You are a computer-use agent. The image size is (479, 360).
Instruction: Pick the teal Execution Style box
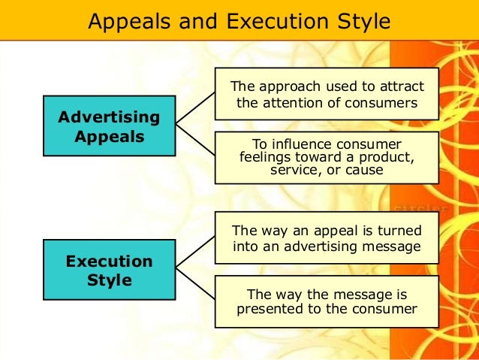[110, 271]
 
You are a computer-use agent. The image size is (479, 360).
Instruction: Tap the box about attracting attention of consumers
[327, 93]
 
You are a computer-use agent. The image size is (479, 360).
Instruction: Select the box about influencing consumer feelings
[327, 157]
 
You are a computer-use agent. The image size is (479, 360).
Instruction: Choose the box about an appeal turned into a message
[327, 237]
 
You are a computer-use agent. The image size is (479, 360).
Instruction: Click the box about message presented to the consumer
[327, 301]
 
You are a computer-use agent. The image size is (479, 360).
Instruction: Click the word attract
[399, 85]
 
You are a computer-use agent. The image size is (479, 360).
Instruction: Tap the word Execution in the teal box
[110, 262]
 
